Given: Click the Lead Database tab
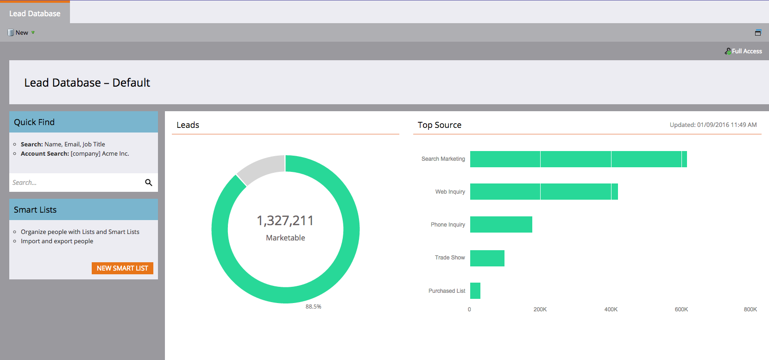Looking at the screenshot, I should pos(35,13).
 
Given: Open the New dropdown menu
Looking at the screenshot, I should pos(21,32).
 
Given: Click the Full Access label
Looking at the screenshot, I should pos(746,51).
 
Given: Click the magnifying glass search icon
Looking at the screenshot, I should pos(149,183).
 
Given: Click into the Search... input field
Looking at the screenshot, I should pos(74,183).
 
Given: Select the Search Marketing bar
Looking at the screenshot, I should pos(578,159).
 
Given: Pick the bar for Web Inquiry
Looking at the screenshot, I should pos(544,192).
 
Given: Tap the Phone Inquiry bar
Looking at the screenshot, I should pos(501,225).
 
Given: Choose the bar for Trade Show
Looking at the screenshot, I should pos(487,258).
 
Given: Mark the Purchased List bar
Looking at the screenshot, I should pos(475,291).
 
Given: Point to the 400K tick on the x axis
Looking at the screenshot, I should pos(611,309).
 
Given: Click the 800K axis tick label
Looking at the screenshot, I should pos(750,309).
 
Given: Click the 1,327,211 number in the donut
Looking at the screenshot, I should pos(285,221).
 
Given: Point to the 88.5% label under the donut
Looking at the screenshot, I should pos(313,307).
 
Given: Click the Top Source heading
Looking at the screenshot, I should pos(439,125).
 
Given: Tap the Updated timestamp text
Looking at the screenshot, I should pos(713,125).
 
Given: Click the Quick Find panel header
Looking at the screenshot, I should pos(83,122).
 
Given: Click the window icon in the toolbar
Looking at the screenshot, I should pos(758,32).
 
